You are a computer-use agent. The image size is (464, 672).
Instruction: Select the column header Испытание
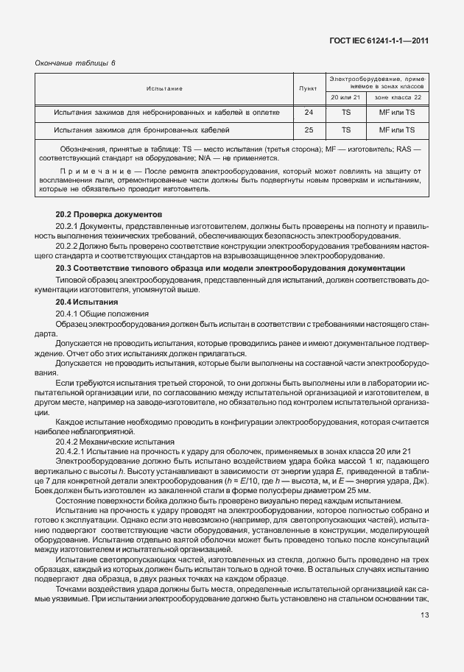164,88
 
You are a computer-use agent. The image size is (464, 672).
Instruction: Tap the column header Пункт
309,88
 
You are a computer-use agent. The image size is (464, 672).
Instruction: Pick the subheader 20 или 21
345,97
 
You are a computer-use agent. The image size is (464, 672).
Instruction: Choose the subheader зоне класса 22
398,97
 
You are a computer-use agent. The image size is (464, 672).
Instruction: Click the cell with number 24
309,113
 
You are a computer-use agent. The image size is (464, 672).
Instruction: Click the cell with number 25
309,130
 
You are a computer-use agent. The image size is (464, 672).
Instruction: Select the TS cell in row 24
345,113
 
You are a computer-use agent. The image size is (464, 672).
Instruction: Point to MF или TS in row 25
398,130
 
